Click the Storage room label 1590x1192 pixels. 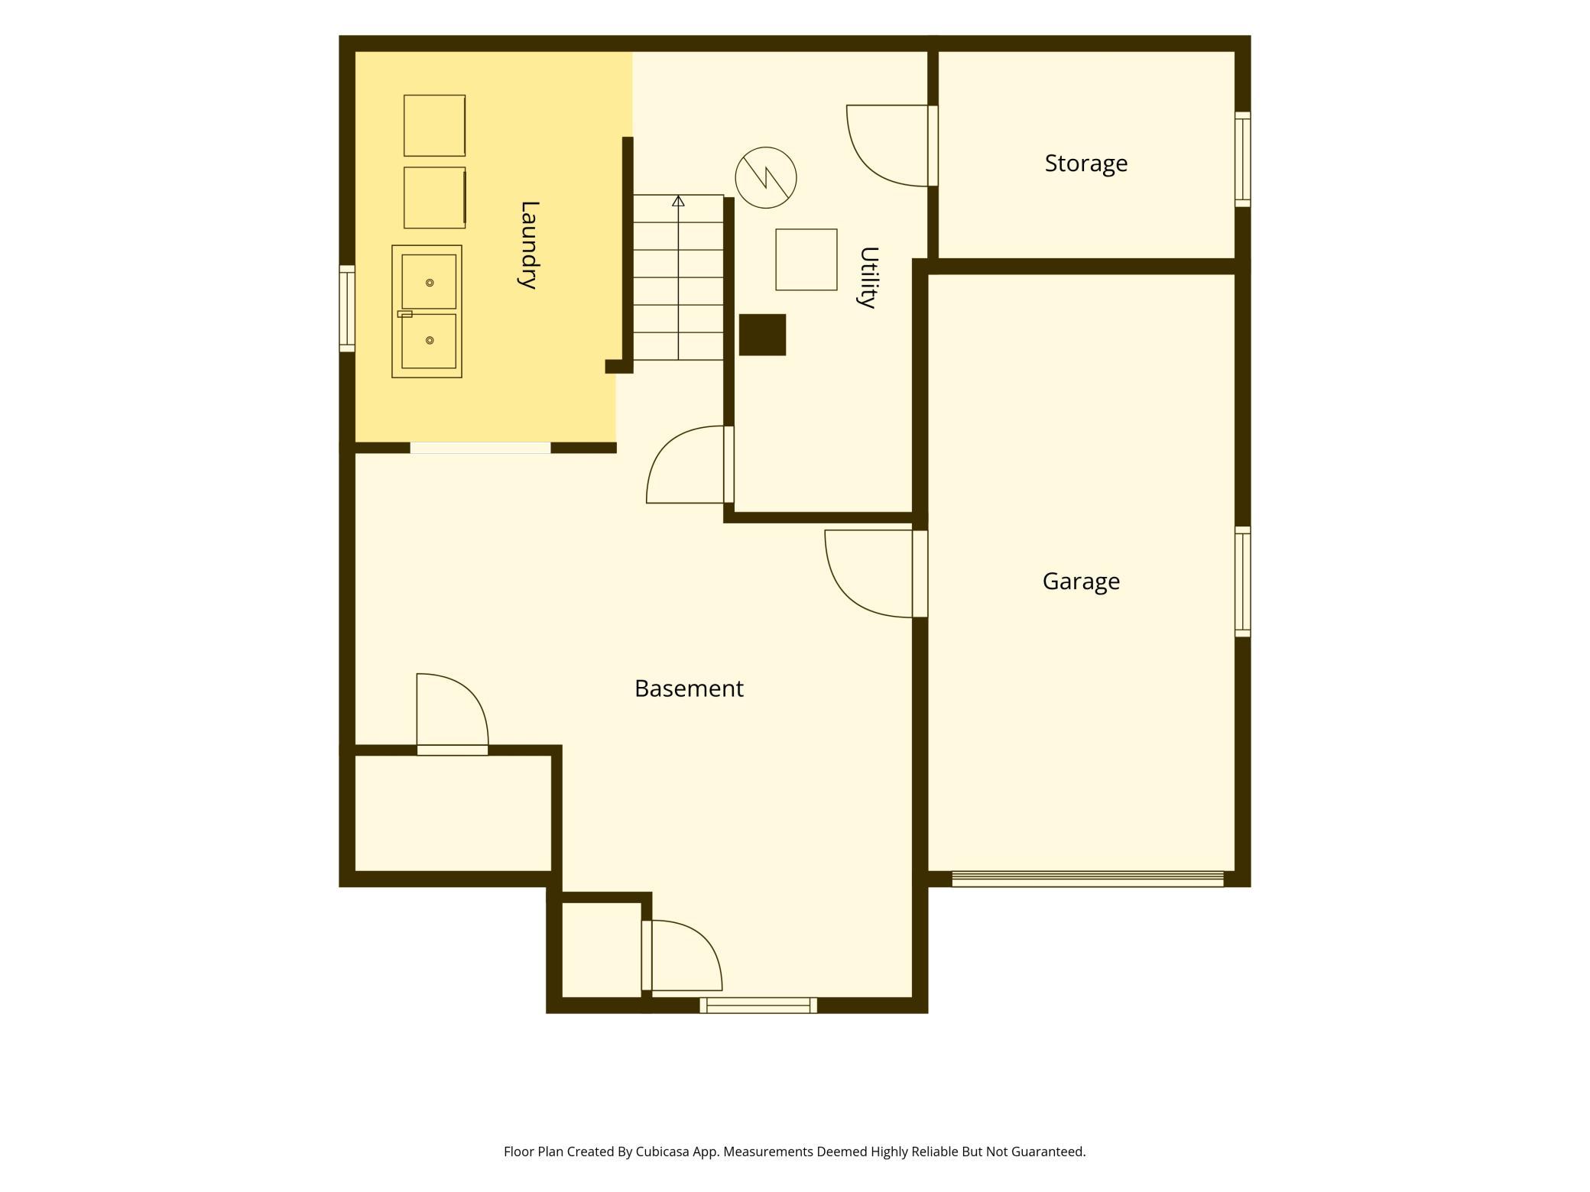click(1085, 164)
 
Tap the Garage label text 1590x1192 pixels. click(1081, 581)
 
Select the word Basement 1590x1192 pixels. click(689, 688)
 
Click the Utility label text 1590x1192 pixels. click(868, 277)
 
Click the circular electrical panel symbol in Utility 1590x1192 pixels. click(766, 178)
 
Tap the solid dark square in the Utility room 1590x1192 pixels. click(762, 335)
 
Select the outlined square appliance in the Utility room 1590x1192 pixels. click(806, 260)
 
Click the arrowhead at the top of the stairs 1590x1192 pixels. click(678, 200)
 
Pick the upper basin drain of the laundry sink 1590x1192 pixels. click(430, 283)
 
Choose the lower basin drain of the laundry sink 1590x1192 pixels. click(430, 340)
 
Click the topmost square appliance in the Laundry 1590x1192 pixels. click(434, 125)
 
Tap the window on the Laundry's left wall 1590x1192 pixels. click(347, 309)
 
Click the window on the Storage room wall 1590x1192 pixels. click(1243, 160)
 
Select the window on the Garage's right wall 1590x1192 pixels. click(1243, 581)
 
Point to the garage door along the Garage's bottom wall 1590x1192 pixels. click(1087, 879)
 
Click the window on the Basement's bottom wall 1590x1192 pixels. click(758, 1006)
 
